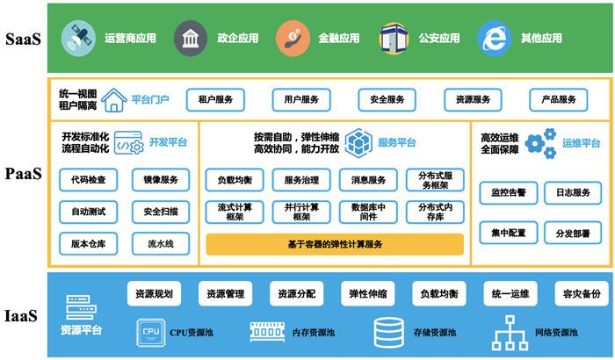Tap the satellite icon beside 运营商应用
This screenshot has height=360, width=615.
(x=76, y=39)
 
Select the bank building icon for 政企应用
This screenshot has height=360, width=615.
(x=189, y=39)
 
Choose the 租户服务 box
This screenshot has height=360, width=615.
(x=215, y=100)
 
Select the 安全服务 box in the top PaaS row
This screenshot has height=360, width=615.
(x=387, y=100)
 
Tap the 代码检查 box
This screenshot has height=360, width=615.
(x=88, y=181)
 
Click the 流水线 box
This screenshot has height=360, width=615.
(x=161, y=243)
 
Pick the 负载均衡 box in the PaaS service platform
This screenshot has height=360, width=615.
(x=235, y=181)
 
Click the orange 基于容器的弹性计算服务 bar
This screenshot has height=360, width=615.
(x=335, y=243)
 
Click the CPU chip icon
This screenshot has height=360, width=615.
(x=149, y=333)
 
